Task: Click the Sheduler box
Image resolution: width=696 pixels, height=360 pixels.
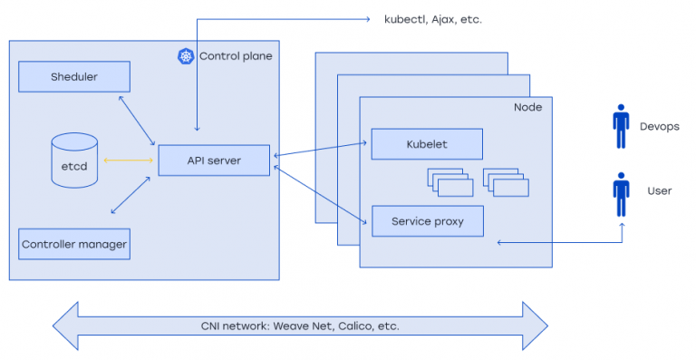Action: [73, 77]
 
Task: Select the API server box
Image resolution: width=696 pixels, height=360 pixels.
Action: [213, 161]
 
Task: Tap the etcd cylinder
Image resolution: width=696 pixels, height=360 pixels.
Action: [74, 161]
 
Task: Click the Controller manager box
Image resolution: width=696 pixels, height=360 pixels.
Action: [74, 244]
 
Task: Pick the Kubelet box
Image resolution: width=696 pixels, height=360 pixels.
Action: [426, 144]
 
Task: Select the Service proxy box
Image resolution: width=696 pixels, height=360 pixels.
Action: [426, 221]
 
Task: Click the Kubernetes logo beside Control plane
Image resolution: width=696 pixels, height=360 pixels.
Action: [186, 56]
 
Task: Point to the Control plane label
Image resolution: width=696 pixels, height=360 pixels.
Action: [236, 56]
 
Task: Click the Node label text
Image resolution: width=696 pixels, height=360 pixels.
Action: [527, 107]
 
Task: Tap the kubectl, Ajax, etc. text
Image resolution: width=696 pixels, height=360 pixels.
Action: [432, 18]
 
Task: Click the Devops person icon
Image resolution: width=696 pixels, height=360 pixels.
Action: [621, 126]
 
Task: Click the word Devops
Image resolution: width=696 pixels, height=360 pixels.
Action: [659, 127]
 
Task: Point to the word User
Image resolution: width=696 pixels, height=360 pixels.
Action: [659, 192]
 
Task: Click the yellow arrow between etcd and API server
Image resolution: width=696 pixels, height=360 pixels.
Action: [128, 161]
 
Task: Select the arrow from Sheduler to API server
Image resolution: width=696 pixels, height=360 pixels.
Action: [137, 119]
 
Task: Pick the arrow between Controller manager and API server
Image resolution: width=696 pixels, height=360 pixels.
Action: [130, 196]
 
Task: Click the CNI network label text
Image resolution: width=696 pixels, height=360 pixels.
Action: [300, 326]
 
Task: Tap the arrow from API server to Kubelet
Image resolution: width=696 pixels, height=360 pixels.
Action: [322, 150]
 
